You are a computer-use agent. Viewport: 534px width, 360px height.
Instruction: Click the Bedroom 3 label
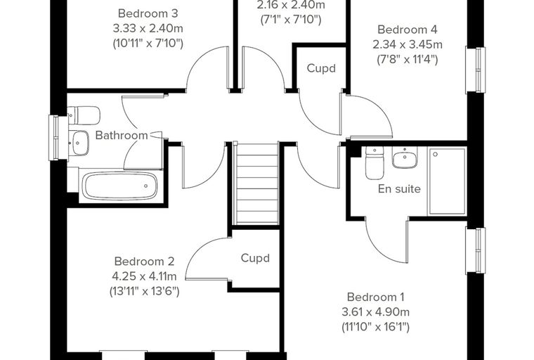[x=148, y=13]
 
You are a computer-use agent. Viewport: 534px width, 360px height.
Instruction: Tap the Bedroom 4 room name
[x=408, y=30]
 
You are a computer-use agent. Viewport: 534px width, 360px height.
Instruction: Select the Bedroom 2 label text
[x=145, y=262]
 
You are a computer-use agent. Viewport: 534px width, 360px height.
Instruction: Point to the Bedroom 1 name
[x=376, y=297]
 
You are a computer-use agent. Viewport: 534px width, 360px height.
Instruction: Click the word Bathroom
[x=122, y=135]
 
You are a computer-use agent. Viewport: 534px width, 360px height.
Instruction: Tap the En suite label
[x=399, y=189]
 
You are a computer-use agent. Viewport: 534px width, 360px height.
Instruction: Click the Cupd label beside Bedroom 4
[x=321, y=68]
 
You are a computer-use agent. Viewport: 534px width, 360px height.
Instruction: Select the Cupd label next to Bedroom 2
[x=255, y=258]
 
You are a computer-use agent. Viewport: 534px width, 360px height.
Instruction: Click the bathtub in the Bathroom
[x=119, y=186]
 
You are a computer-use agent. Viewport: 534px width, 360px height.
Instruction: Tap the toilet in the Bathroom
[x=84, y=115]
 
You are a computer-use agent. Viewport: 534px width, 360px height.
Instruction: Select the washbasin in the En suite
[x=405, y=157]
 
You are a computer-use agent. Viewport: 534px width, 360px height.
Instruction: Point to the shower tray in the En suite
[x=447, y=181]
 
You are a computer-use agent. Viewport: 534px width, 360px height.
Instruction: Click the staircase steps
[x=257, y=184]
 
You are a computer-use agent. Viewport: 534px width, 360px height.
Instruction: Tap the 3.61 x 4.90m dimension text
[x=376, y=312]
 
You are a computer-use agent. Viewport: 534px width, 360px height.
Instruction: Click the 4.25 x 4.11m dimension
[x=145, y=276]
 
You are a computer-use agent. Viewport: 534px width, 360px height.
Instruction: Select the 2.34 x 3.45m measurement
[x=408, y=45]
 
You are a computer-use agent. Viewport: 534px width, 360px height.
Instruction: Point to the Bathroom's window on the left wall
[x=54, y=138]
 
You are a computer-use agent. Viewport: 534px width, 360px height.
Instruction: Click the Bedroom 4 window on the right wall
[x=476, y=70]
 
